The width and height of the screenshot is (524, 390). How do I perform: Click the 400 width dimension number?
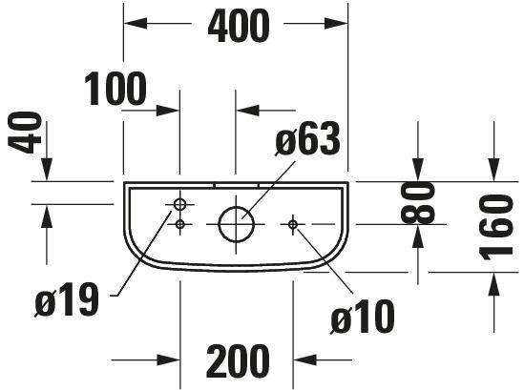239,26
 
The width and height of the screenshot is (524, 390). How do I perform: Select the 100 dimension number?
115,89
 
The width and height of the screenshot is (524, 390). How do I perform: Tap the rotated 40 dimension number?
25,133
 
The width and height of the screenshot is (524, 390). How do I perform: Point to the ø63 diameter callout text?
307,139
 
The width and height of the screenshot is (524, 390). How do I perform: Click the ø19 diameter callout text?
67,298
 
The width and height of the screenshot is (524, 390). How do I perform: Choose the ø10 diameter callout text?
363,317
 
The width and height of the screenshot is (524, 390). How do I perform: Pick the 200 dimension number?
238,361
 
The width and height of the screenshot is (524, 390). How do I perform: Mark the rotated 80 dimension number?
418,202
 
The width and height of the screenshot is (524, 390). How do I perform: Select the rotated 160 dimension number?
496,227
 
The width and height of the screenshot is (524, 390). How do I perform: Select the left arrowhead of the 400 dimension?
136,24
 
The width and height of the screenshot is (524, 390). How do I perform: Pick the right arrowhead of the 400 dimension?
336,24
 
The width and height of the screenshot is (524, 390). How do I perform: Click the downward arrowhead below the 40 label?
47,170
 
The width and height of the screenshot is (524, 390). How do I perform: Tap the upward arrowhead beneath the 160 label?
493,284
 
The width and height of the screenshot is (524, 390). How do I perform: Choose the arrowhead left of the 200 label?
169,360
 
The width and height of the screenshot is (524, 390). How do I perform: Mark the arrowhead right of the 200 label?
304,360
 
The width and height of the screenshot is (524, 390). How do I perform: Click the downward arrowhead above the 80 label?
418,170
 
